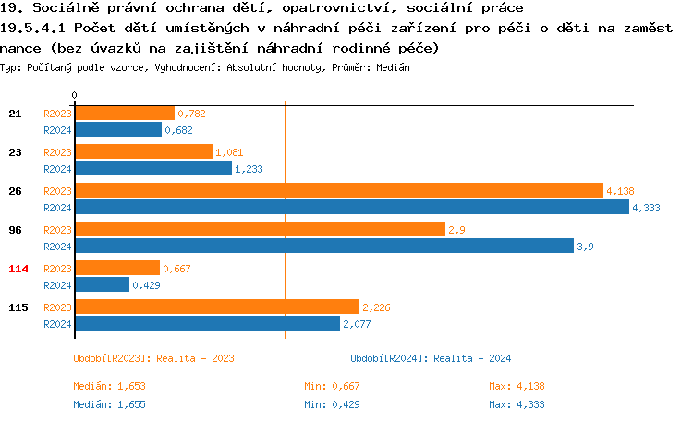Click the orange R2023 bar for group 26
click(338, 190)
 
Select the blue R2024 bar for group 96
click(323, 246)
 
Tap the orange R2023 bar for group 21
click(124, 113)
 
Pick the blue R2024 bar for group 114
click(102, 284)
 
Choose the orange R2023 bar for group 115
click(216, 307)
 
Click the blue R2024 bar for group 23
click(152, 168)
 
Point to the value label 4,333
click(646, 208)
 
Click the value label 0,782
click(191, 114)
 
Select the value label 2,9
click(456, 230)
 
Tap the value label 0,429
click(147, 285)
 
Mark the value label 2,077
click(357, 324)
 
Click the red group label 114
click(18, 269)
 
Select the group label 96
click(15, 230)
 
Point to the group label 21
click(15, 114)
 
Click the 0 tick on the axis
click(74, 96)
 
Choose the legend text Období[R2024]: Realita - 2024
click(431, 358)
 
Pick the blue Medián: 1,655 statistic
click(109, 404)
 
